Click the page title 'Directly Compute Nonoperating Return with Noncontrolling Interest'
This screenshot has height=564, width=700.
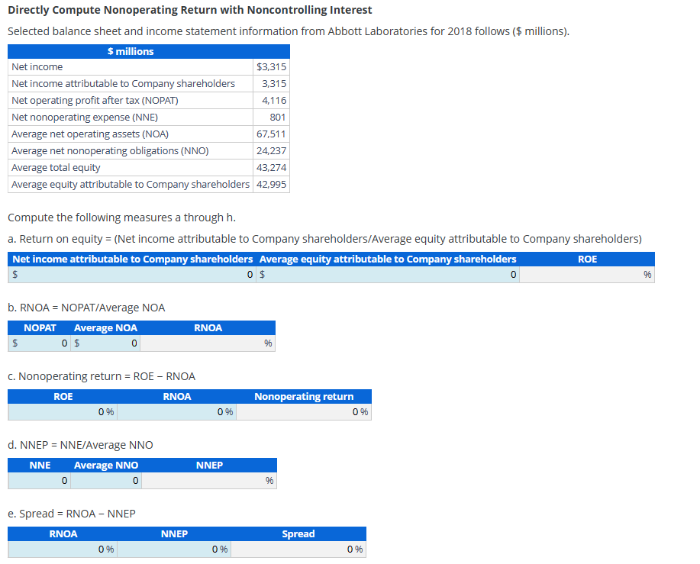[189, 10]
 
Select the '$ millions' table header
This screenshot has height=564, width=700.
[131, 51]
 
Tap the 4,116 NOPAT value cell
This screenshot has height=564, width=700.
[273, 101]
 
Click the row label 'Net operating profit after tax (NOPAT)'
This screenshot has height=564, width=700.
[95, 101]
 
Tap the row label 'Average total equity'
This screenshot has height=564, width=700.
[56, 168]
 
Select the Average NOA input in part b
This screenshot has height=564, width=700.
[107, 343]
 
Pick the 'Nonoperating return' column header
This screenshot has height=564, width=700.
[304, 396]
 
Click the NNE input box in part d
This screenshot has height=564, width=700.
[40, 481]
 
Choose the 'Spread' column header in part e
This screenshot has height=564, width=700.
[298, 533]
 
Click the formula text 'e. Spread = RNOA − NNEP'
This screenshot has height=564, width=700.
[72, 514]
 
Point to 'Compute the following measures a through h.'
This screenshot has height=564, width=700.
[116, 218]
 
